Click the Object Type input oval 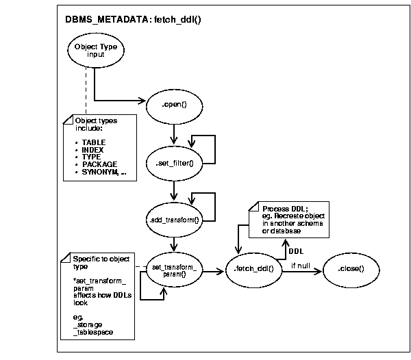click(x=96, y=50)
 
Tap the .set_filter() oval click(x=176, y=162)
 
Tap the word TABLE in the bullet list click(x=95, y=142)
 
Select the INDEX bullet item click(x=94, y=150)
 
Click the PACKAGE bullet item click(x=99, y=164)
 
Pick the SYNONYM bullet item click(x=103, y=172)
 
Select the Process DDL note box click(x=288, y=219)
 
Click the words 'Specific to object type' click(x=100, y=263)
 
